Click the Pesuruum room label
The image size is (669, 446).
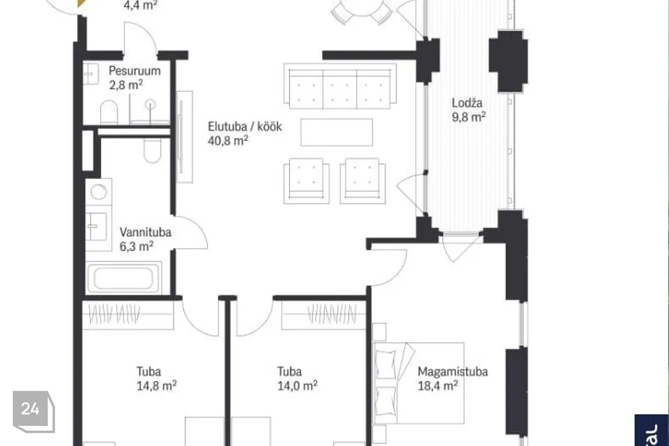click(x=134, y=70)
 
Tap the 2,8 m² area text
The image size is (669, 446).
click(x=126, y=84)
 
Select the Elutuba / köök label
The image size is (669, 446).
click(x=245, y=126)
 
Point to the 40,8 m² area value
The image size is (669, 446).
click(x=229, y=140)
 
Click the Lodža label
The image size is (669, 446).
click(x=467, y=102)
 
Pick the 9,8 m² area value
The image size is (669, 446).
click(x=469, y=116)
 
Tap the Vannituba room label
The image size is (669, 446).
click(x=146, y=232)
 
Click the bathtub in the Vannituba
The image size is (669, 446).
click(x=123, y=278)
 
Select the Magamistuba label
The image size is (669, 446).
click(x=453, y=371)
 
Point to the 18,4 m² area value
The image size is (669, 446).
click(x=438, y=386)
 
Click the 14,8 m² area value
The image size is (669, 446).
click(x=157, y=386)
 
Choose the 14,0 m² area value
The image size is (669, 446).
click(x=298, y=386)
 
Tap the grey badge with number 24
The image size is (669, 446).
click(x=33, y=410)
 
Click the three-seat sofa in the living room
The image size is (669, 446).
click(x=340, y=86)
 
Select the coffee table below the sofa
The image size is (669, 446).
click(x=337, y=132)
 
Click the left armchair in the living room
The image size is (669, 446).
click(x=307, y=180)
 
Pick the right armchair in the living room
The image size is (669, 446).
click(x=362, y=180)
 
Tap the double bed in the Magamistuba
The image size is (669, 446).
click(x=418, y=383)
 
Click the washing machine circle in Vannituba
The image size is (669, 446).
click(x=98, y=192)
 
